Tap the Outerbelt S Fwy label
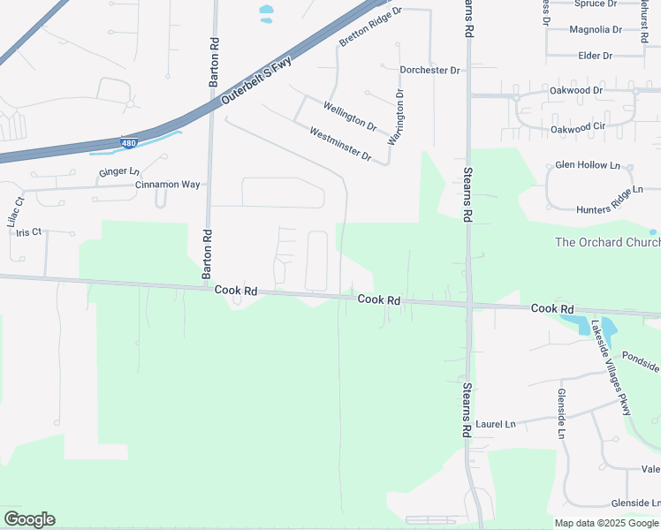[x=256, y=84]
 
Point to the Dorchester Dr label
[x=430, y=70]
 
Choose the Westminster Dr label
[x=340, y=144]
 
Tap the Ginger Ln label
[x=119, y=171]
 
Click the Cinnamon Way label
[x=168, y=185]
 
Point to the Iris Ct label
[x=29, y=232]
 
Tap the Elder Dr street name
[x=595, y=56]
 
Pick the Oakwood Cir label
[x=578, y=128]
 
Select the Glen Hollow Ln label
[x=588, y=165]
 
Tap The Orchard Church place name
[x=607, y=242]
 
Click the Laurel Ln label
[x=495, y=424]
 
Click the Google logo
[x=29, y=519]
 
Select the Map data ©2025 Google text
[x=606, y=523]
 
